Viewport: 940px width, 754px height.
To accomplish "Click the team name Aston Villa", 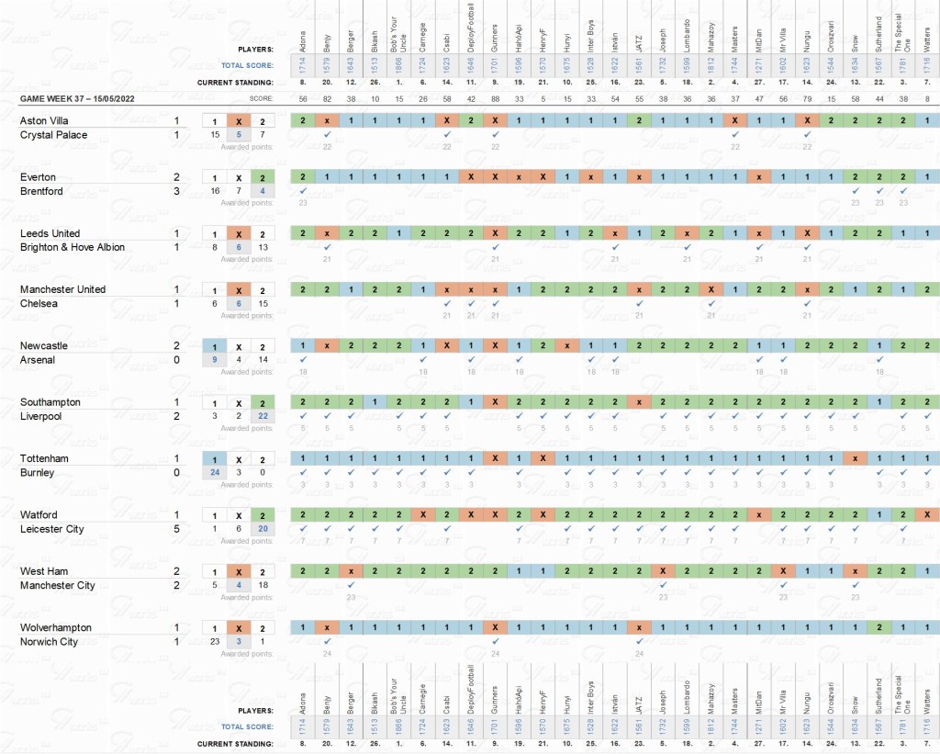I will click(44, 121).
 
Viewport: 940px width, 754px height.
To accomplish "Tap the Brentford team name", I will click(41, 191).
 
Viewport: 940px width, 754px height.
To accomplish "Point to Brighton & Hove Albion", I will click(73, 248).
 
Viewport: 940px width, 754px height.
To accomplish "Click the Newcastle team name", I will click(44, 346).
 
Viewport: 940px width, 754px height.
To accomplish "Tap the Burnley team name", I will click(38, 473).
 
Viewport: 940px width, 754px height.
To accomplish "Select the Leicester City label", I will click(51, 529).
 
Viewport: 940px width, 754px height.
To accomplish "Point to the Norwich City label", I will click(49, 642).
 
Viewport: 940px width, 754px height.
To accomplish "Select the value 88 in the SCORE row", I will click(495, 98).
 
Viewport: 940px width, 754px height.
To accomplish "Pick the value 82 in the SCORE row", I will click(326, 98).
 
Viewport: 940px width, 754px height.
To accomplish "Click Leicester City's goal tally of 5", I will click(176, 529).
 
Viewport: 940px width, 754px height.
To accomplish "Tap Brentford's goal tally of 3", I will click(176, 191).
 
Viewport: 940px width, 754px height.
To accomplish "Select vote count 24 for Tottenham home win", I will click(215, 473).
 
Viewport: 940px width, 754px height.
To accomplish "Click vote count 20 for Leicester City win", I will click(263, 529).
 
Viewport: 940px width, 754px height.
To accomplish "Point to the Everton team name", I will click(38, 177).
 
